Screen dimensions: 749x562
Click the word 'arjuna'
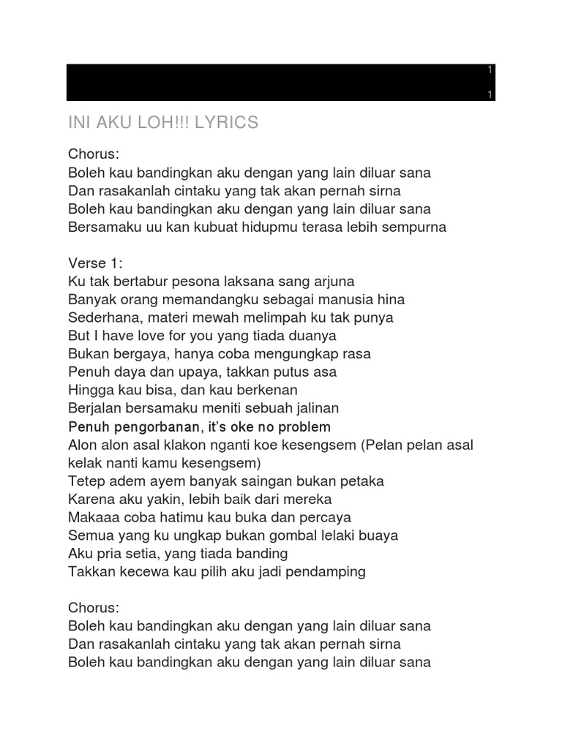333,282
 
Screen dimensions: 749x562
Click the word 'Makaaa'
91,517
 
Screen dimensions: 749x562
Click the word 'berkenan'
266,390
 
